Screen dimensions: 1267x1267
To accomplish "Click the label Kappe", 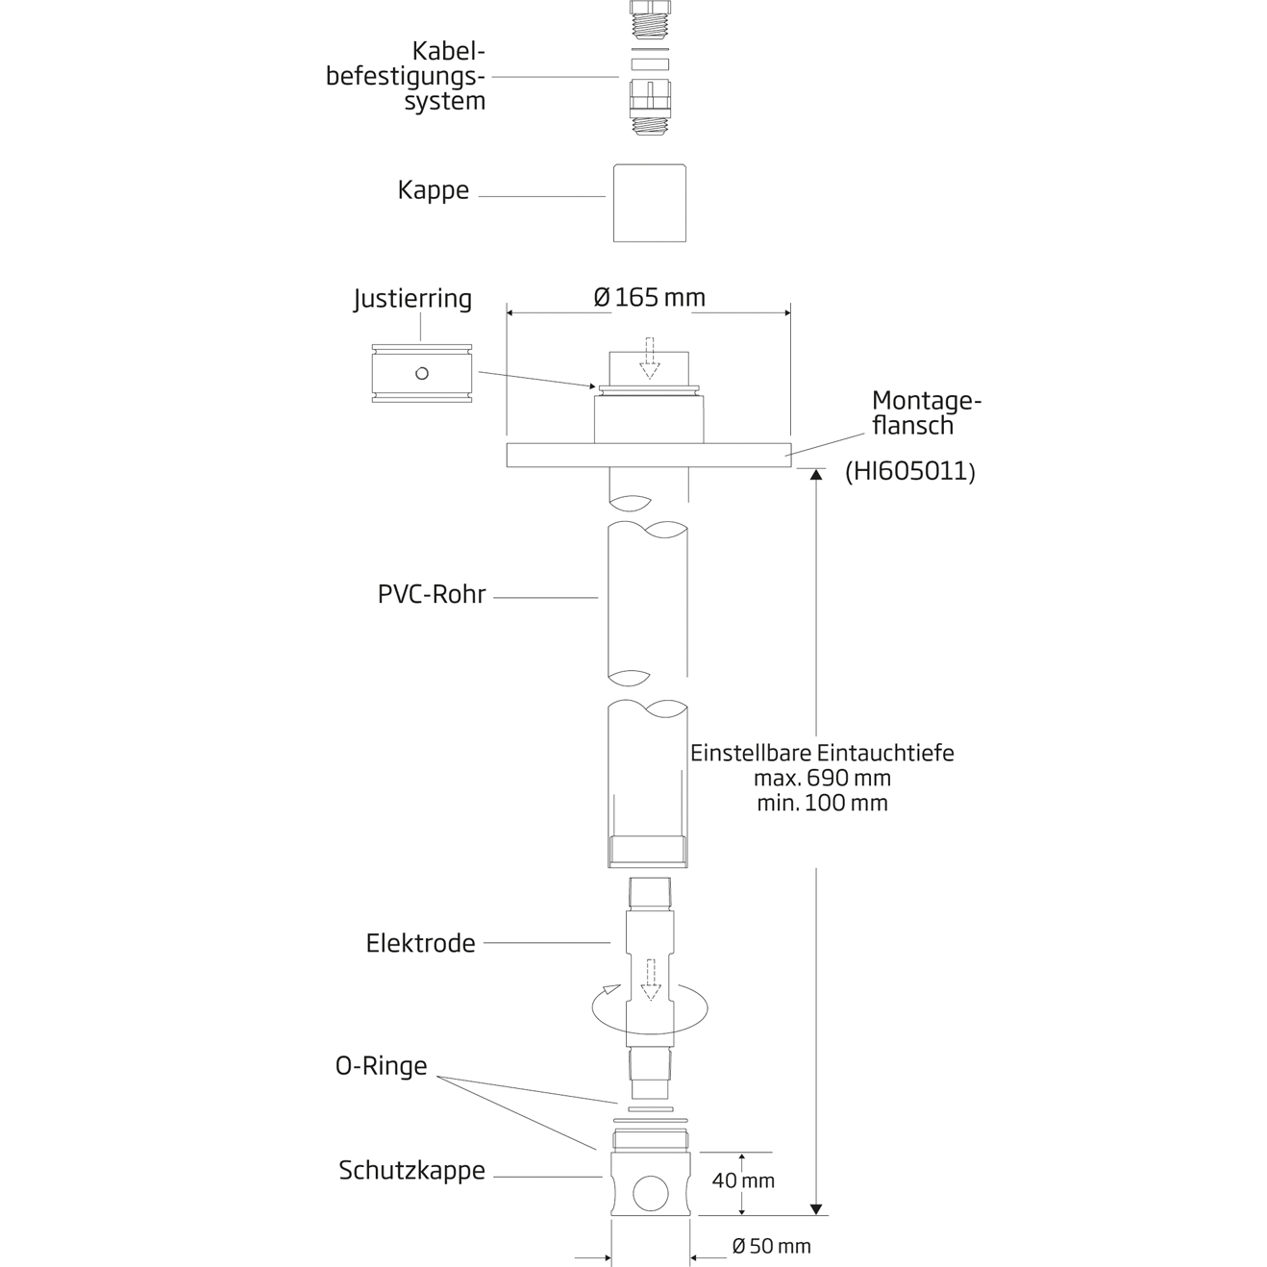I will tap(434, 190).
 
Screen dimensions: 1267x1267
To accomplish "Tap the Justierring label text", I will tap(412, 299).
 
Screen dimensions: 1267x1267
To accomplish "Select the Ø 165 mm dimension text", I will tap(650, 298).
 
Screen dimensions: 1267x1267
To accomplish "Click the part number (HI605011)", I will tap(910, 471).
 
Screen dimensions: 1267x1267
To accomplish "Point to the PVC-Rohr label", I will tap(432, 594).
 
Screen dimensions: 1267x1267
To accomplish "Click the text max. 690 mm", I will tap(822, 778).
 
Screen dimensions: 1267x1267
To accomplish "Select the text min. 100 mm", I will tap(822, 803).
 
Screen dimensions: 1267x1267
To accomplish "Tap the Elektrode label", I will tap(420, 943).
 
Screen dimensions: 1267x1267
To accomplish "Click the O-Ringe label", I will tap(381, 1066).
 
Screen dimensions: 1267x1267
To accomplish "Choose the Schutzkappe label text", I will tap(411, 1171).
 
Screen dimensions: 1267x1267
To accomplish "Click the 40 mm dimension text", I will tap(743, 1180).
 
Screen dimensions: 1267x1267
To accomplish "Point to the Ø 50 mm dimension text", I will tap(771, 1246).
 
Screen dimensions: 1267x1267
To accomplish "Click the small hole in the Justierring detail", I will tap(421, 373).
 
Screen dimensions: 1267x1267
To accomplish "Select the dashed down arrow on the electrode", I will tap(651, 979).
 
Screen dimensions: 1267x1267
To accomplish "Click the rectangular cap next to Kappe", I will tap(650, 203).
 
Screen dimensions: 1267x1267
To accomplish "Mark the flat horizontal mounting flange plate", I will tap(649, 455).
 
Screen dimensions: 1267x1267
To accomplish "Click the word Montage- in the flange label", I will tap(927, 401).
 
